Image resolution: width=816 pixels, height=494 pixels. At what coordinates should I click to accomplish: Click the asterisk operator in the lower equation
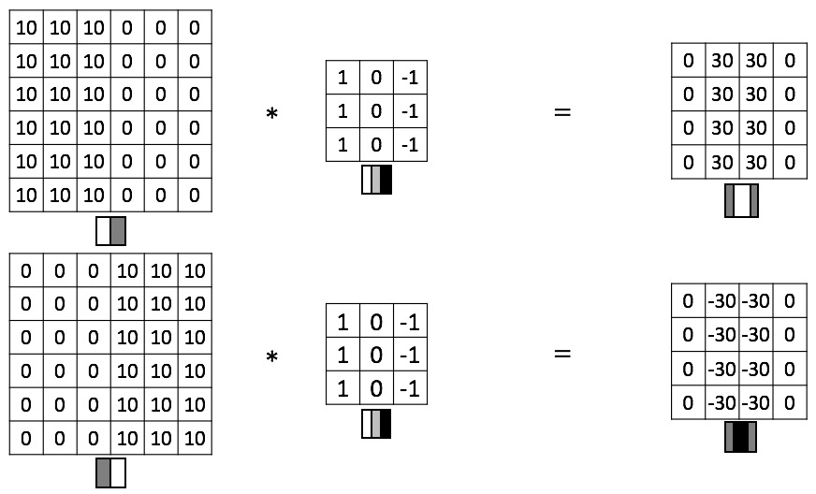click(x=272, y=357)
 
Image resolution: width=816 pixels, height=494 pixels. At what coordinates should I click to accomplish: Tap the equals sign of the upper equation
click(x=561, y=112)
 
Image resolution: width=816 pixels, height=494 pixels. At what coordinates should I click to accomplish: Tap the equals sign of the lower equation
click(x=561, y=355)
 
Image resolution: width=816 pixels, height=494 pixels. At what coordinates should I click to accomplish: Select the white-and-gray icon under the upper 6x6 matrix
click(x=110, y=231)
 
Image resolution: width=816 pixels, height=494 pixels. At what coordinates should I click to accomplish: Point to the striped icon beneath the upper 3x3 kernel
click(x=376, y=180)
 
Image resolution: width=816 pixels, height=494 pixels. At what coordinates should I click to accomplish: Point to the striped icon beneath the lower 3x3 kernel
click(x=376, y=425)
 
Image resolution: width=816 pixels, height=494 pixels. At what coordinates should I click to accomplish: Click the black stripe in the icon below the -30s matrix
click(x=740, y=437)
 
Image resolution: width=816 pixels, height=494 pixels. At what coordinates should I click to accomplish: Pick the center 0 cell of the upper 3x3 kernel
click(x=376, y=112)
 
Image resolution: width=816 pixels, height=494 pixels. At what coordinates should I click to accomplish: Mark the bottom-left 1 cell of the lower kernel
click(x=342, y=387)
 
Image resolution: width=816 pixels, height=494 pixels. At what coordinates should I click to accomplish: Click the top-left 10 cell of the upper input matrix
click(x=26, y=28)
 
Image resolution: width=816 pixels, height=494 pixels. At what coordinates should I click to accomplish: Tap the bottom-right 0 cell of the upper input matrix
click(x=195, y=196)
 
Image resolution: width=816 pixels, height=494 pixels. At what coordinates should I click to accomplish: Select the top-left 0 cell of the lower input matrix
click(x=26, y=271)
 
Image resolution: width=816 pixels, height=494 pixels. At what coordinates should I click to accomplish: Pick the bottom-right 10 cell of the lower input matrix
click(x=195, y=439)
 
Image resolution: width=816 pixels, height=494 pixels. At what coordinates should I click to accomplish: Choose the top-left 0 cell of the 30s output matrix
click(x=689, y=60)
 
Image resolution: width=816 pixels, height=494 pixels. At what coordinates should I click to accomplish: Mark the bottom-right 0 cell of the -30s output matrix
click(x=790, y=403)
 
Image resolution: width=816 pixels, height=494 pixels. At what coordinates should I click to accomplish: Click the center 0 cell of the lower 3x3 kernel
click(x=376, y=355)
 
